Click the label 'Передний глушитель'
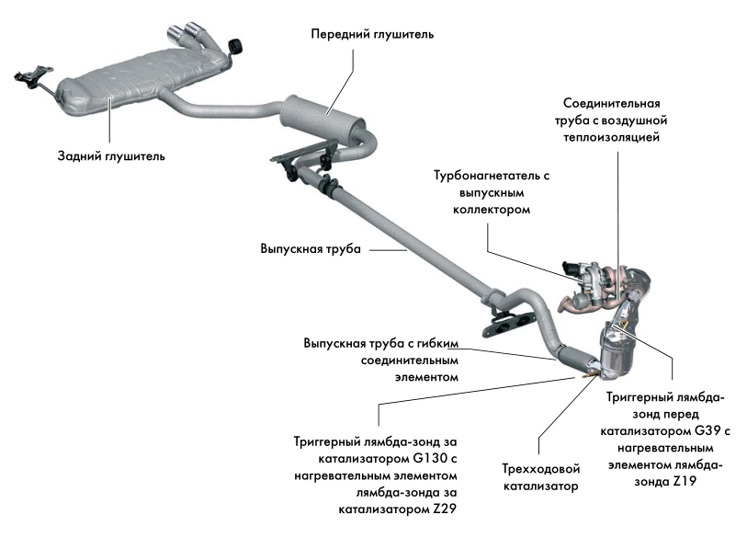click(372, 34)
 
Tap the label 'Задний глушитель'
click(110, 156)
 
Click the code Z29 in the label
click(442, 508)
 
